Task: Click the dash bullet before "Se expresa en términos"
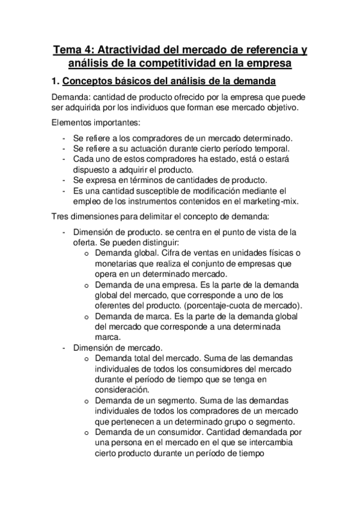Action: pyautogui.click(x=64, y=180)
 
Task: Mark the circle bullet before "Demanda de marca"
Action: pyautogui.click(x=86, y=316)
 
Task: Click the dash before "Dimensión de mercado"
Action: pyautogui.click(x=64, y=348)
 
